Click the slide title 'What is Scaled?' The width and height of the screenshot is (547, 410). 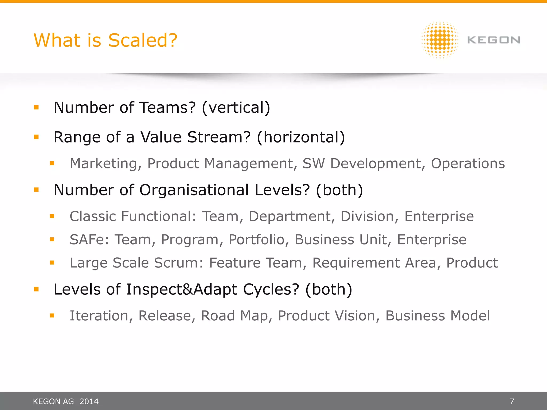pyautogui.click(x=106, y=40)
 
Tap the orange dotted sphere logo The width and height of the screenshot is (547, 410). pyautogui.click(x=440, y=40)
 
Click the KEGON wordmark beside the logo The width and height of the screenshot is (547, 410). pyautogui.click(x=494, y=40)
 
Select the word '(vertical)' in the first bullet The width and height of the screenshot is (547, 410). pyautogui.click(x=236, y=108)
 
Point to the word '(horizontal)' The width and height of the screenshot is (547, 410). pyautogui.click(x=301, y=137)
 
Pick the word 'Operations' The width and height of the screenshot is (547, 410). pyautogui.click(x=468, y=163)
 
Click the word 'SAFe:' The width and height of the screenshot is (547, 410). pyautogui.click(x=89, y=239)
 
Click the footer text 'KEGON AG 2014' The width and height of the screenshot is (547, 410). pyautogui.click(x=66, y=401)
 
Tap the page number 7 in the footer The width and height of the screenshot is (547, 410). pyautogui.click(x=512, y=401)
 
